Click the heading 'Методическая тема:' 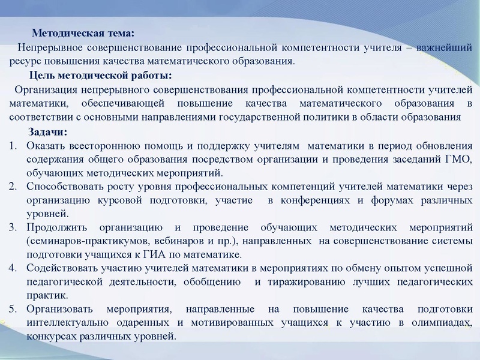[83, 34]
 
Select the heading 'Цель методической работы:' [100, 75]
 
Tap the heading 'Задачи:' [48, 132]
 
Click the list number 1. [13, 146]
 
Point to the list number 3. [13, 228]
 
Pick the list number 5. [13, 310]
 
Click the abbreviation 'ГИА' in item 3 [169, 255]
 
